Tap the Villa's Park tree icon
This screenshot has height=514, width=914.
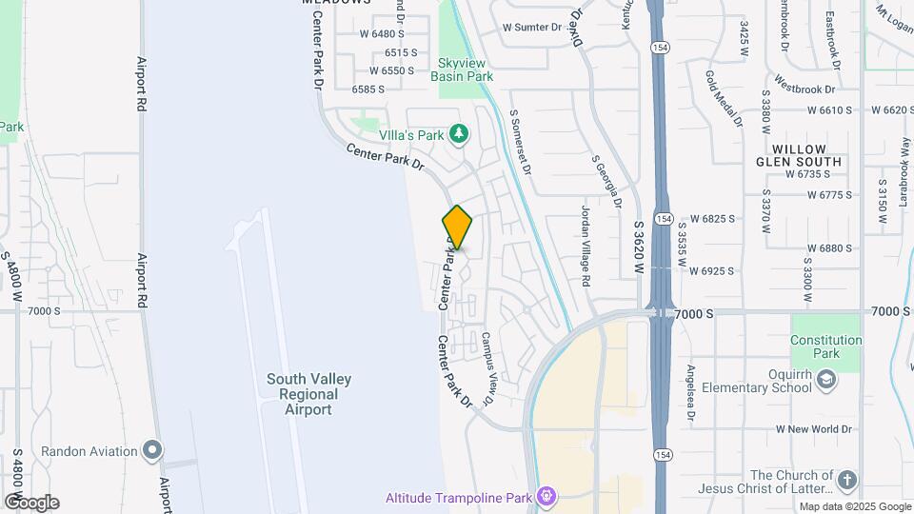(460, 134)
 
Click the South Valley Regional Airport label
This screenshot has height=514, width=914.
(309, 394)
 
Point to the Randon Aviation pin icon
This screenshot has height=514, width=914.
(151, 449)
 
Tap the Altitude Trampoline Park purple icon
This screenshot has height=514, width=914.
(546, 496)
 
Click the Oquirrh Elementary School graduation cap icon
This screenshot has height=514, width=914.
(826, 381)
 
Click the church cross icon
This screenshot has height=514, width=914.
(847, 480)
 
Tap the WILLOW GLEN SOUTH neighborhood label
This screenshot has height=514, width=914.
(805, 156)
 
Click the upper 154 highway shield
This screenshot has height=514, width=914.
(658, 47)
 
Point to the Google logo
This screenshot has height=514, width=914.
(31, 502)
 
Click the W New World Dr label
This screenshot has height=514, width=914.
(813, 429)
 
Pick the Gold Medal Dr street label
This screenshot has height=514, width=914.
(724, 98)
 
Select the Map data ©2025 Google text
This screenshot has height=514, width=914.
(854, 506)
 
